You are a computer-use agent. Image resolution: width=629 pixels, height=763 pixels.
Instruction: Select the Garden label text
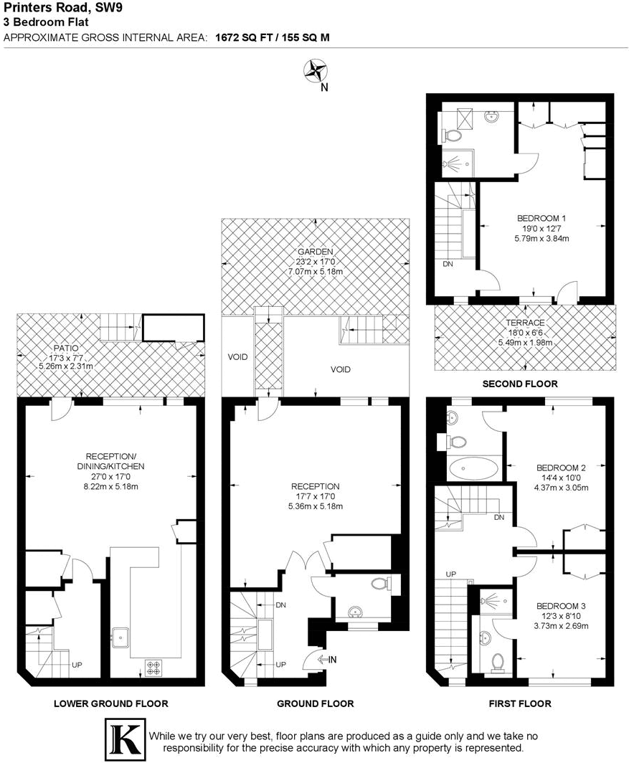click(x=316, y=252)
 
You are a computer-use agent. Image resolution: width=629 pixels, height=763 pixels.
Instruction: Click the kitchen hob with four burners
click(x=153, y=668)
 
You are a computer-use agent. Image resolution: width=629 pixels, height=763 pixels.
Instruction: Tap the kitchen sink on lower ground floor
click(x=120, y=634)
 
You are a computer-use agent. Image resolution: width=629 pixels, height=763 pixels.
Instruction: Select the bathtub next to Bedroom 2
click(x=473, y=469)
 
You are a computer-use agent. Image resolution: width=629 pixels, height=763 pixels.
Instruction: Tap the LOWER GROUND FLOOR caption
click(x=110, y=703)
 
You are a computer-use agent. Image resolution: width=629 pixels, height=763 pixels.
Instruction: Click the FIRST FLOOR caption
click(x=520, y=703)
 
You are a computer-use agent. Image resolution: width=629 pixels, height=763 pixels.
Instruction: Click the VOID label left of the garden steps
click(x=237, y=356)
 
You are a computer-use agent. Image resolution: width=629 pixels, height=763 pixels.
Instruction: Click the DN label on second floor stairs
click(x=448, y=264)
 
